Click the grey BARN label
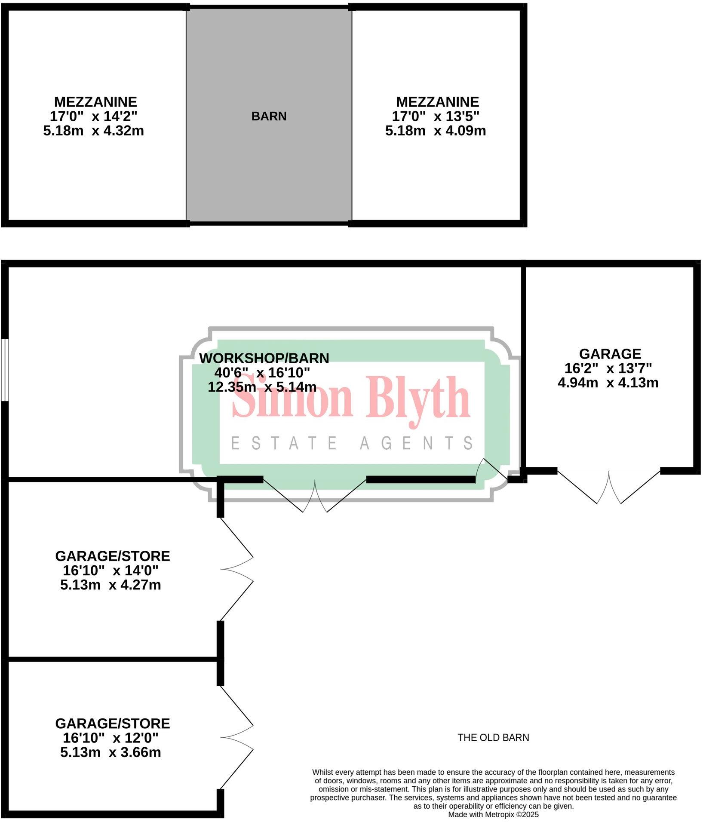pyautogui.click(x=269, y=116)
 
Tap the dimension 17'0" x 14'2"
pyautogui.click(x=93, y=116)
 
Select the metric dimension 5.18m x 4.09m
pyautogui.click(x=435, y=130)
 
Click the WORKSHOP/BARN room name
pyautogui.click(x=264, y=358)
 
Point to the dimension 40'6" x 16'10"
pyautogui.click(x=262, y=372)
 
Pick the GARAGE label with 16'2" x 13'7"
pyautogui.click(x=610, y=354)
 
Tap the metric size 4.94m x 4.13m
pyautogui.click(x=608, y=382)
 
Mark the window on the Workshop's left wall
pyautogui.click(x=4, y=370)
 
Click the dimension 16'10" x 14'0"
pyautogui.click(x=111, y=570)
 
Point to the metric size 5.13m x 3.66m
pyautogui.click(x=111, y=752)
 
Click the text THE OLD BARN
pyautogui.click(x=493, y=738)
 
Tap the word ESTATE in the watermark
pyautogui.click(x=284, y=443)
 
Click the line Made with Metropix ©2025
pyautogui.click(x=493, y=814)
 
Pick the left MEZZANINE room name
pyautogui.click(x=95, y=102)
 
